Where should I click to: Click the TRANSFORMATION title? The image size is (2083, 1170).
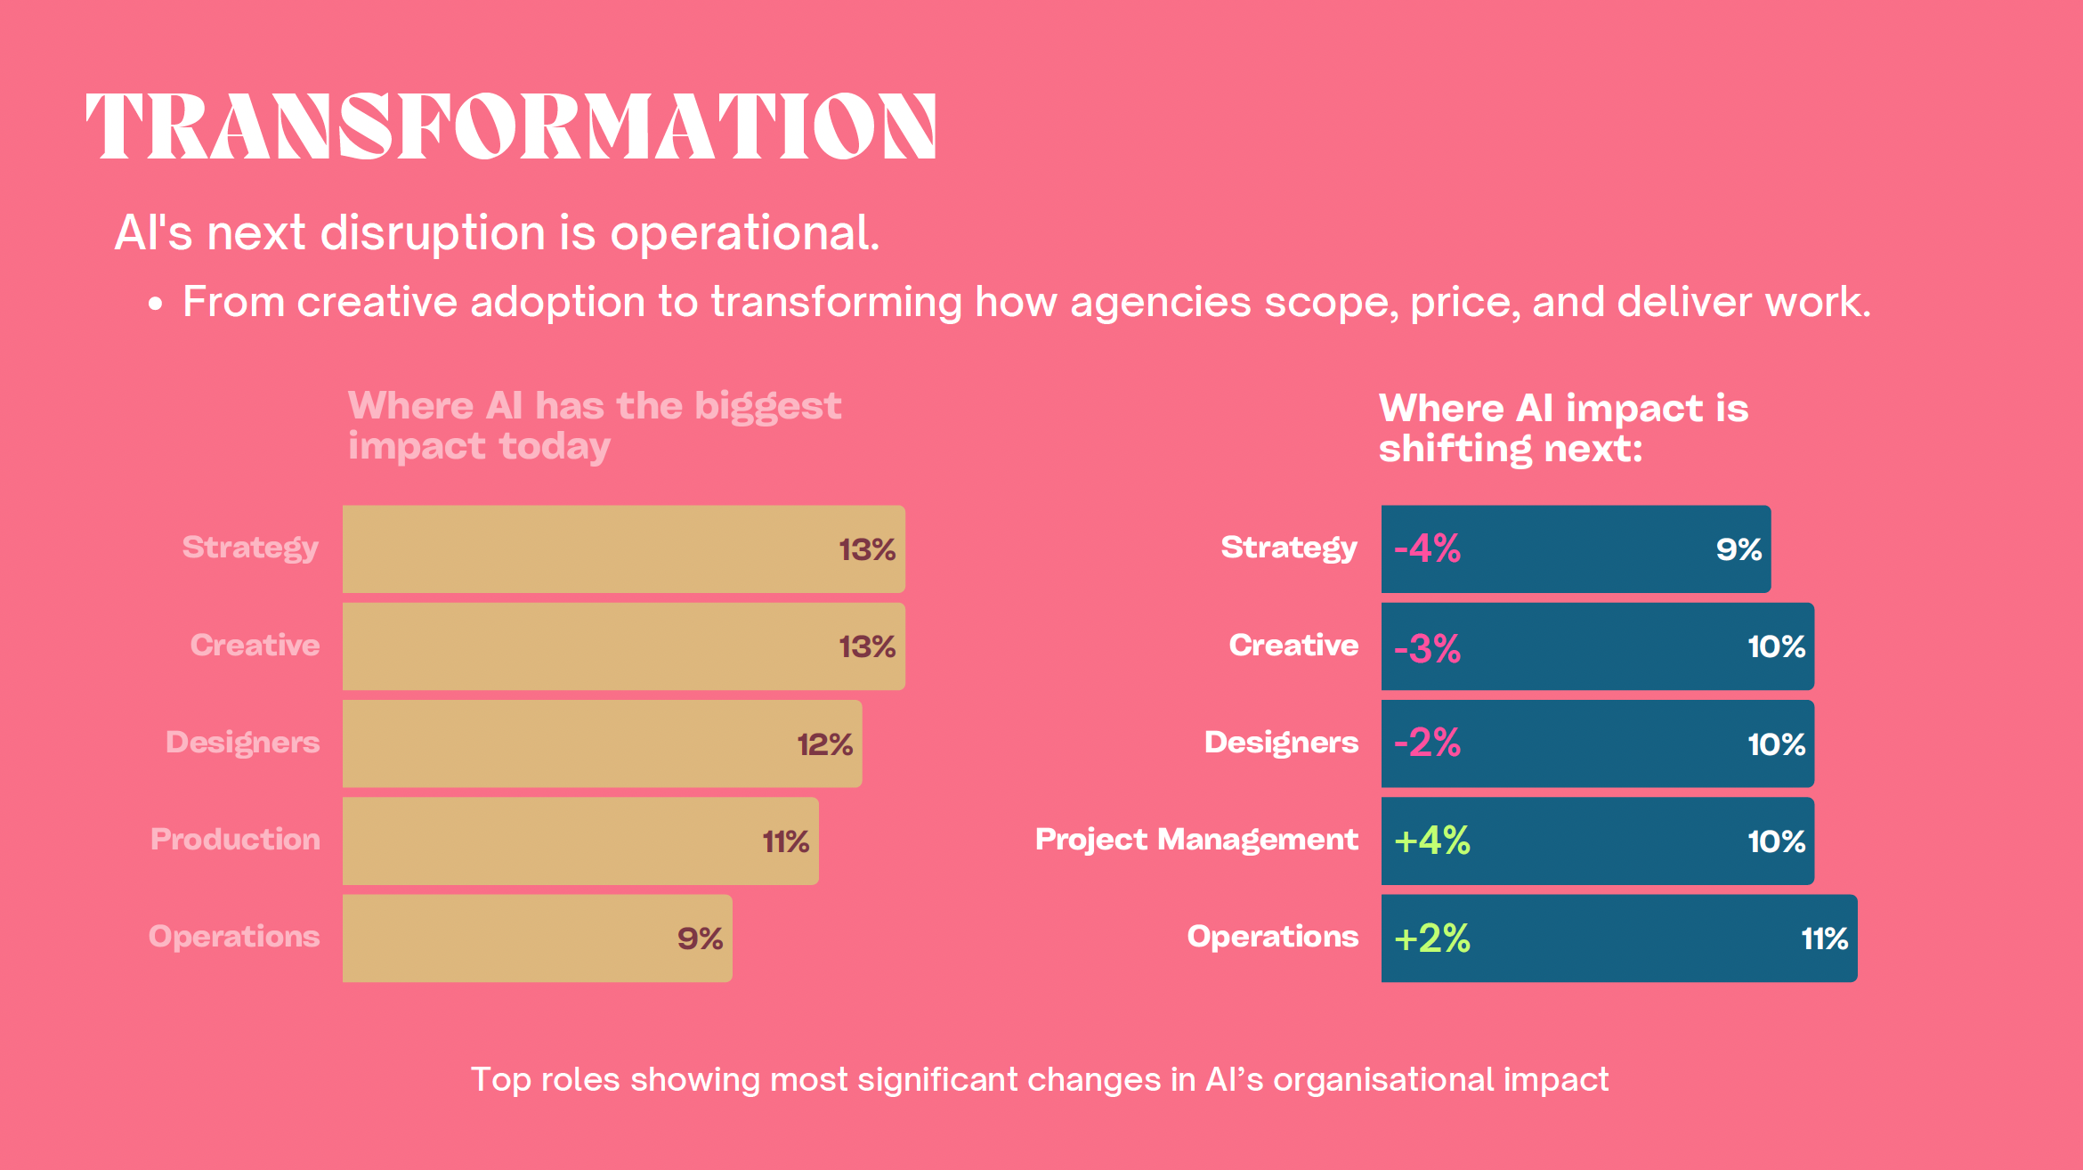pyautogui.click(x=511, y=126)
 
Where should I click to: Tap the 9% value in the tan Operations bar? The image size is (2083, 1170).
pyautogui.click(x=700, y=938)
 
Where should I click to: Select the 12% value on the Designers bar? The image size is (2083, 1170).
pyautogui.click(x=824, y=744)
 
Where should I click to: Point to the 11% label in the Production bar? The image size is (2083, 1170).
pyautogui.click(x=785, y=841)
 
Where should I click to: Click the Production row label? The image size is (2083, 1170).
pyautogui.click(x=235, y=840)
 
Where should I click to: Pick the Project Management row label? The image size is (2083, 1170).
pyautogui.click(x=1196, y=840)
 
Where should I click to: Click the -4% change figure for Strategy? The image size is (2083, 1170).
pyautogui.click(x=1427, y=548)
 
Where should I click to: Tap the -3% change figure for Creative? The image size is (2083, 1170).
pyautogui.click(x=1427, y=648)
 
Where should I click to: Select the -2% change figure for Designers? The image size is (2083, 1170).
pyautogui.click(x=1427, y=743)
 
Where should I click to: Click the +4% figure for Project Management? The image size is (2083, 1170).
pyautogui.click(x=1431, y=841)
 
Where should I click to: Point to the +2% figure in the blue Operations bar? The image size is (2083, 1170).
pyautogui.click(x=1431, y=938)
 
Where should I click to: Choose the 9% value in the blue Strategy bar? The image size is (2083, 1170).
pyautogui.click(x=1739, y=549)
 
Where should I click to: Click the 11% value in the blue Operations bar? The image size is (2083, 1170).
pyautogui.click(x=1824, y=938)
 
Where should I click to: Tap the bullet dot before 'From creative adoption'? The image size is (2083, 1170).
pyautogui.click(x=156, y=305)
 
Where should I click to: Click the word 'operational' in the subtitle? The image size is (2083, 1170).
pyautogui.click(x=743, y=233)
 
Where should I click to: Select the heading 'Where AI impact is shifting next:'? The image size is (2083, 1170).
pyautogui.click(x=1563, y=428)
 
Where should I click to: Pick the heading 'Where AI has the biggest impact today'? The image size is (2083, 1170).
pyautogui.click(x=594, y=426)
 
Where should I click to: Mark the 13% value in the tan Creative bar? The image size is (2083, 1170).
pyautogui.click(x=867, y=646)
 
